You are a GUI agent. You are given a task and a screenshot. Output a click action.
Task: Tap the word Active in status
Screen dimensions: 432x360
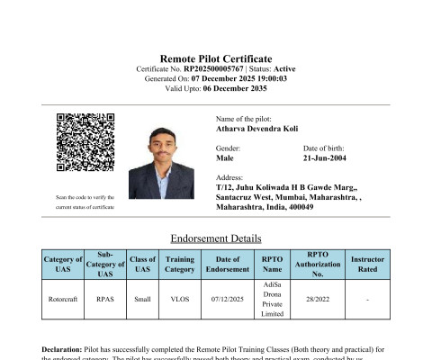281,68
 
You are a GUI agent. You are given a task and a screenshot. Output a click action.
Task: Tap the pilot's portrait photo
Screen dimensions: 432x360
162,161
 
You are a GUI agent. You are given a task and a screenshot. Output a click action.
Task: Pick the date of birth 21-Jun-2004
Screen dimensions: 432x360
329,157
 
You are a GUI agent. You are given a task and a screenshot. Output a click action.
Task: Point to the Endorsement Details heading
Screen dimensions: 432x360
216,238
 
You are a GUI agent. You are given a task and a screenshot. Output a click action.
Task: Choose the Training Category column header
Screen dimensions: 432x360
180,264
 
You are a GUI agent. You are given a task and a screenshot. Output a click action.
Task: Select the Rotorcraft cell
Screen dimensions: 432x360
63,299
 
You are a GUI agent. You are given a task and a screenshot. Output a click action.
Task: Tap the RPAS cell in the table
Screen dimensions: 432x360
103,299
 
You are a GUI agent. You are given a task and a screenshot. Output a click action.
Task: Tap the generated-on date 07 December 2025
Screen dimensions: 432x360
220,78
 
